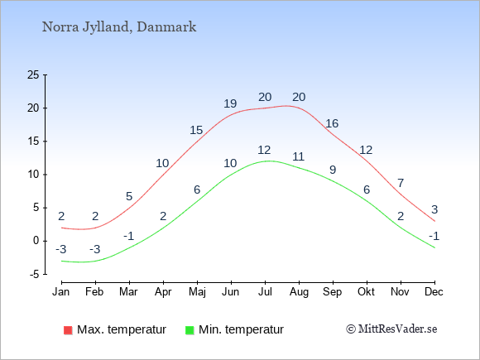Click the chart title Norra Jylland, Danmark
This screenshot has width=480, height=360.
[x=119, y=27]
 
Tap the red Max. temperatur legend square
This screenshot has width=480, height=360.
[x=68, y=330]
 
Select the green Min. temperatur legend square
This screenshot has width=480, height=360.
[x=190, y=330]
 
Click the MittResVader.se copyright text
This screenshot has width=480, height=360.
[x=391, y=329]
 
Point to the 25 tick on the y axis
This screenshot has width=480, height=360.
[x=33, y=74]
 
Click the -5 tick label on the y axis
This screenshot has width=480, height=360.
[x=35, y=274]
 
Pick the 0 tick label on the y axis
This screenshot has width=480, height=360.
[x=36, y=241]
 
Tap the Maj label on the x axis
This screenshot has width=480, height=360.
[x=197, y=292]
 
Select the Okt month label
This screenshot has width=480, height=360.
[x=366, y=292]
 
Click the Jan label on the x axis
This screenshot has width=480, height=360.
[x=61, y=292]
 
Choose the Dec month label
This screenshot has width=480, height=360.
[x=434, y=292]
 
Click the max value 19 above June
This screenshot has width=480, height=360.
[x=230, y=103]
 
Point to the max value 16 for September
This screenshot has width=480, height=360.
[x=332, y=123]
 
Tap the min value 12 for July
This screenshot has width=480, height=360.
[x=264, y=150]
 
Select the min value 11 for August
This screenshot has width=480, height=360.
[x=298, y=156]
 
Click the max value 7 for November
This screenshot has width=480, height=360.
[x=401, y=183]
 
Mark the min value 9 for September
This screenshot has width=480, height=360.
[x=333, y=170]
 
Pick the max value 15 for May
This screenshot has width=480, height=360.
[x=196, y=131]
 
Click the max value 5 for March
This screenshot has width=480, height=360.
[x=129, y=196]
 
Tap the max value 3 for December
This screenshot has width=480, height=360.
[x=434, y=209]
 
